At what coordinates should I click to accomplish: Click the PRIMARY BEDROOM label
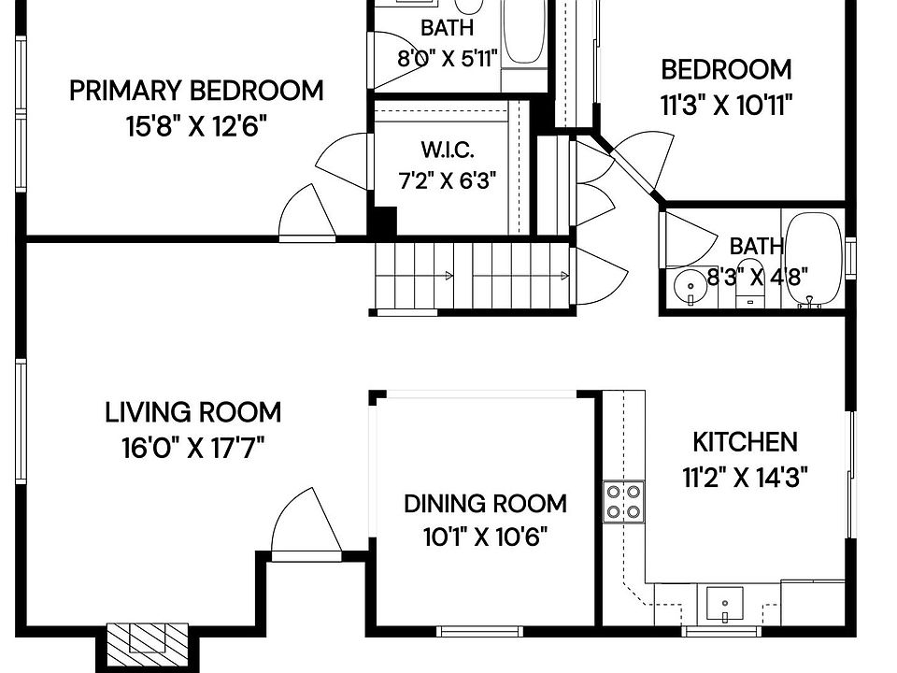(196, 91)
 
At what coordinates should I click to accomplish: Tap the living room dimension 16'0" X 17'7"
(192, 448)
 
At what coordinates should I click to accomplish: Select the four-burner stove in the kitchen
(623, 502)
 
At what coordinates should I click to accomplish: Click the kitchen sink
(725, 604)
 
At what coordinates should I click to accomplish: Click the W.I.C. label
(448, 150)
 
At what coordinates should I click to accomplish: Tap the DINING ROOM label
(485, 504)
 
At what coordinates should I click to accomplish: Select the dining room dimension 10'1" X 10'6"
(485, 537)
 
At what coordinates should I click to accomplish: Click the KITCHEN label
(745, 442)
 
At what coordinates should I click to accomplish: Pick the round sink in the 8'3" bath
(691, 286)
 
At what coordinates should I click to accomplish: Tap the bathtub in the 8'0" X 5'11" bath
(523, 32)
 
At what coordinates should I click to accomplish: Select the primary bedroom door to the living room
(307, 213)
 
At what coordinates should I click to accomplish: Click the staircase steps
(472, 276)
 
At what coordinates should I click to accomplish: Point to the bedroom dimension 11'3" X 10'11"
(726, 106)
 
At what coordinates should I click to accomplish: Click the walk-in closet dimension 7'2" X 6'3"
(447, 181)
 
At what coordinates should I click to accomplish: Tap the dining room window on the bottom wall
(479, 631)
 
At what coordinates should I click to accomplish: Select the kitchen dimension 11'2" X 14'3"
(745, 477)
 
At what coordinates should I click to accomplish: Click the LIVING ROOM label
(192, 413)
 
